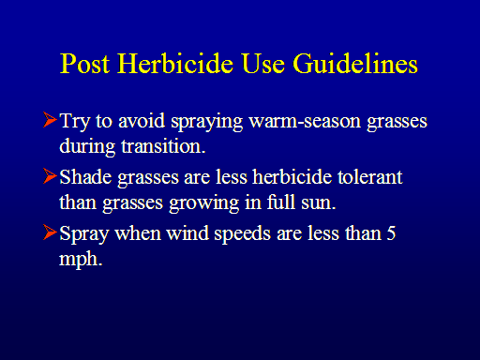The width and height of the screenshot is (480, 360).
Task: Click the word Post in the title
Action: click(x=84, y=64)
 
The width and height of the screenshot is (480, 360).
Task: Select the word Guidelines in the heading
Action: click(x=355, y=64)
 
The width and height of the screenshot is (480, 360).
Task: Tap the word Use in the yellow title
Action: click(x=263, y=64)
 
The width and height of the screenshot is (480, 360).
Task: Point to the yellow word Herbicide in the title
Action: click(x=175, y=64)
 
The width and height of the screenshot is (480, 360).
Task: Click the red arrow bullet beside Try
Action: click(x=50, y=120)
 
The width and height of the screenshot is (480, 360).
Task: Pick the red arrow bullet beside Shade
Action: click(x=50, y=176)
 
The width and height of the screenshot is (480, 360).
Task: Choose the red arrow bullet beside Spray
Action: click(x=50, y=232)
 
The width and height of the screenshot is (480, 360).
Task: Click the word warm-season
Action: click(x=305, y=121)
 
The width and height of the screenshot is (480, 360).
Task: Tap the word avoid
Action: click(x=142, y=121)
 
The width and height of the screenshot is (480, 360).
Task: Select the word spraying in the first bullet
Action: click(x=206, y=123)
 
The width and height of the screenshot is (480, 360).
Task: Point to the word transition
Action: click(x=163, y=146)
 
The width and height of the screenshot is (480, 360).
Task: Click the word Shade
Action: click(x=85, y=177)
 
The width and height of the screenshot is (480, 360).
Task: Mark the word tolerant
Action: click(x=370, y=177)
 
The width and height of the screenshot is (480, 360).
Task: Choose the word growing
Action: click(x=204, y=203)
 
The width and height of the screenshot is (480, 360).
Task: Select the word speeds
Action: click(x=242, y=234)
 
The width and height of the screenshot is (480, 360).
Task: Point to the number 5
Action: click(x=391, y=233)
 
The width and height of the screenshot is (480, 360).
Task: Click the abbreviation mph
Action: click(x=81, y=260)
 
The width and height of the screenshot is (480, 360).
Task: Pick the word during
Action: click(x=87, y=147)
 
